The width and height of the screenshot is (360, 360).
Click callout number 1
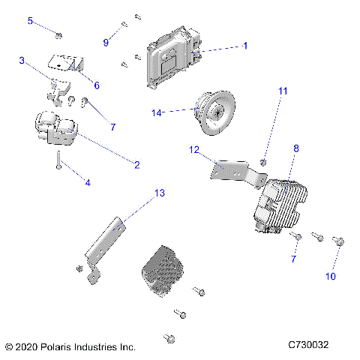[244, 46]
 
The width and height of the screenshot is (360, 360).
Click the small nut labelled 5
[59, 34]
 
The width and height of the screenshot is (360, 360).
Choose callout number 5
[31, 20]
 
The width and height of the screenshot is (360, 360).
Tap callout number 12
[193, 150]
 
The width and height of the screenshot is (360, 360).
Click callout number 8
[295, 149]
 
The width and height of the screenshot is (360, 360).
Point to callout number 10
[330, 277]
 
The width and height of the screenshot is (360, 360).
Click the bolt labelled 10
[338, 241]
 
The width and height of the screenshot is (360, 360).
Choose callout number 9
[106, 43]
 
